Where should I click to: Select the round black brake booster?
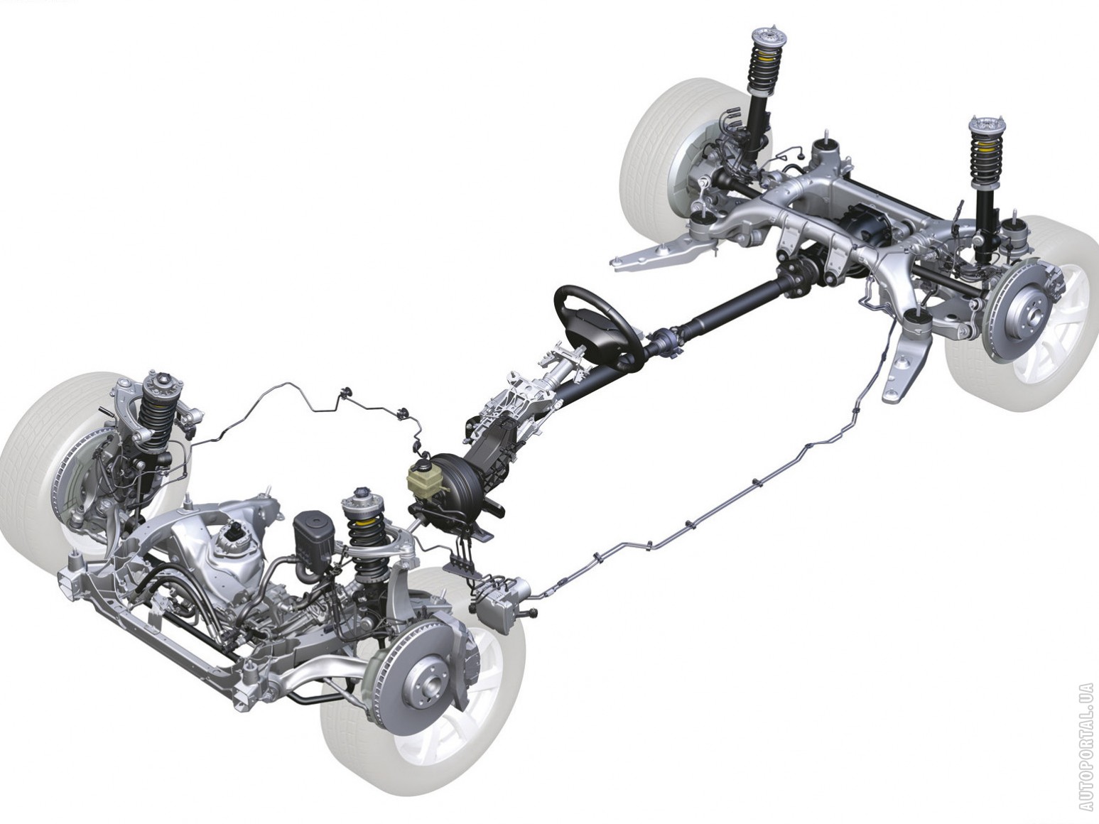[x=453, y=481]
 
